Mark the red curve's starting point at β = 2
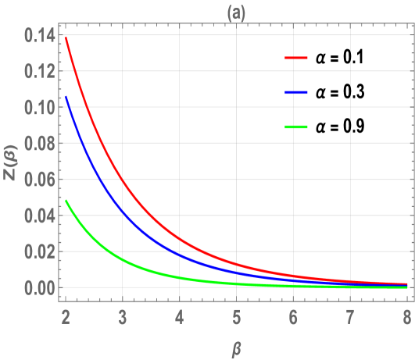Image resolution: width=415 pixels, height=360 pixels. pyautogui.click(x=66, y=37)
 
